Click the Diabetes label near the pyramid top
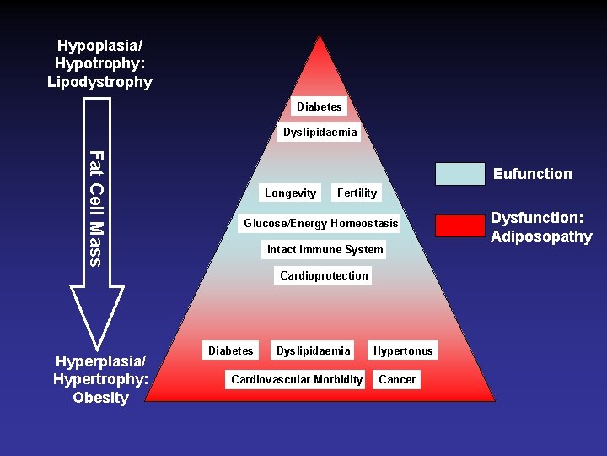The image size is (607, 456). coord(320,106)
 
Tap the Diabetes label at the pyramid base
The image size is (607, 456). coord(230,350)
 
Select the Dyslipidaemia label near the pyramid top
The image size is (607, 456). coord(320,133)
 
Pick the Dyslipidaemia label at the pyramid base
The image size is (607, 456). coord(313,350)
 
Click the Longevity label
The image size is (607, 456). coord(290,193)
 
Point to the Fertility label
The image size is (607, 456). coord(357,193)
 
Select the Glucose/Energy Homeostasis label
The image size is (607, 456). coord(320,224)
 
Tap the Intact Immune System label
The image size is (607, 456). coord(325,249)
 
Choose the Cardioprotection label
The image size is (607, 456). coord(324,275)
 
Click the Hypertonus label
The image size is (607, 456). coord(403,350)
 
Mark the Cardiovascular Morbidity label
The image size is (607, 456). coord(297,379)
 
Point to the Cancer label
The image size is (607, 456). coord(397,379)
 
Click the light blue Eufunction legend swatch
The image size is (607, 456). coord(460,174)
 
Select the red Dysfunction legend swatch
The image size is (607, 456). coord(460,226)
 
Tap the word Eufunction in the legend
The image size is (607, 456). coord(532,174)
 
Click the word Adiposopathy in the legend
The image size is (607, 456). coord(541,236)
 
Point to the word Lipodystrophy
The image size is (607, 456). coord(99,82)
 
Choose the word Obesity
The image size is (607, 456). coord(100,398)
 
